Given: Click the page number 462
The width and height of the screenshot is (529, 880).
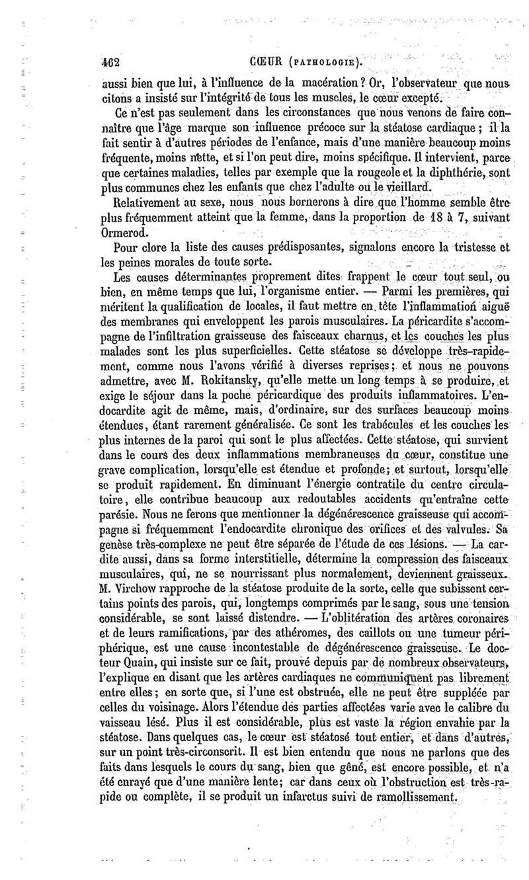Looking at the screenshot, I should pos(105,63).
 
